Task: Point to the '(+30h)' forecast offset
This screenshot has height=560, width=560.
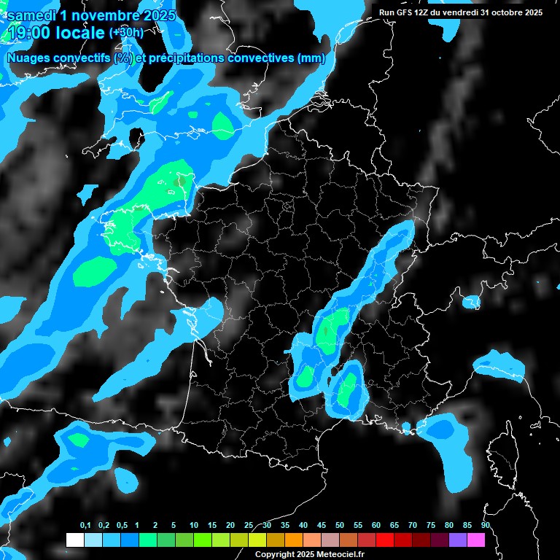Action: (x=126, y=33)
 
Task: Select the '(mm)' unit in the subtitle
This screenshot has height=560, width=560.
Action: (x=311, y=58)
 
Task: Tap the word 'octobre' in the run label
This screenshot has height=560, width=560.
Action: (x=505, y=12)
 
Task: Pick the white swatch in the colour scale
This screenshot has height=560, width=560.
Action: (x=74, y=540)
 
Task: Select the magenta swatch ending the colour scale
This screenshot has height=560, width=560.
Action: (x=475, y=540)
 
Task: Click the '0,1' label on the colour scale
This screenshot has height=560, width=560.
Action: (x=85, y=526)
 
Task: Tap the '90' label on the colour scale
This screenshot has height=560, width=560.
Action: (x=485, y=526)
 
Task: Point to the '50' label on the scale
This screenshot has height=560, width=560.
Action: (x=340, y=526)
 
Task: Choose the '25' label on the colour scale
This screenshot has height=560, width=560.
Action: (x=249, y=526)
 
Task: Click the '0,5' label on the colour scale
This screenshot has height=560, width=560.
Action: (x=121, y=526)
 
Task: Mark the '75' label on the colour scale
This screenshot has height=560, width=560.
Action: (x=430, y=526)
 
